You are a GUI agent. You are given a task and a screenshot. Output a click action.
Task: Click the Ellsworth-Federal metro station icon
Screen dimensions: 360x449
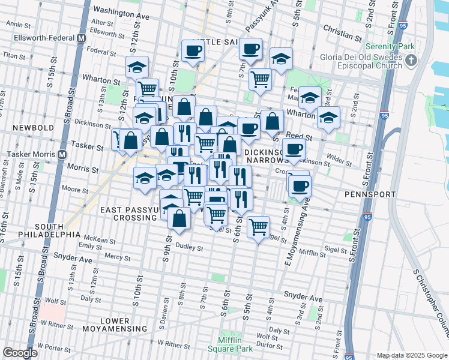click(79, 38)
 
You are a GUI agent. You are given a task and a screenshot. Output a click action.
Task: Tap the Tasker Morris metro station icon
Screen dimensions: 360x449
click(62, 154)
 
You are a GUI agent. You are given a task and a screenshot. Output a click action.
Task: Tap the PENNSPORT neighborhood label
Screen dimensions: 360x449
click(370, 194)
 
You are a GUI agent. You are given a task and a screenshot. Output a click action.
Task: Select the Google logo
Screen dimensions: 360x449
click(20, 353)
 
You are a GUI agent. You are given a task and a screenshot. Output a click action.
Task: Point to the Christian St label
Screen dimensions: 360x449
click(340, 28)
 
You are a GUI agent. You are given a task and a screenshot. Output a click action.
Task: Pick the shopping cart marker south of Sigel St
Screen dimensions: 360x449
click(258, 227)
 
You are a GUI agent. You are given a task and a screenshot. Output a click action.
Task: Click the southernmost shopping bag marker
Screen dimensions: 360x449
click(179, 218)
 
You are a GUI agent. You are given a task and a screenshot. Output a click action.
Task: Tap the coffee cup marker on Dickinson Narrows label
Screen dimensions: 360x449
click(294, 149)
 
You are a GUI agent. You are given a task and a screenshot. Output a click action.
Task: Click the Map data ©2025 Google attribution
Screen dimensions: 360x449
click(411, 355)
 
